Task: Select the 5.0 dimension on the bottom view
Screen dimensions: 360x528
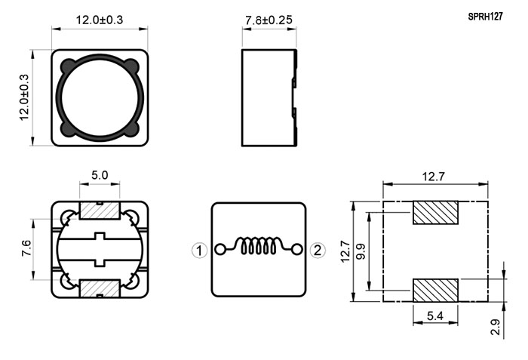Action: coord(100,175)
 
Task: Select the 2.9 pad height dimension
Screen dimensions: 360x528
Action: coord(495,327)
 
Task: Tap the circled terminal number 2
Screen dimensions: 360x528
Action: coord(318,250)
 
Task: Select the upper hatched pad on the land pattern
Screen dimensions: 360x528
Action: coord(436,213)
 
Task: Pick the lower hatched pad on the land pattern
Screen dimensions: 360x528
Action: coord(436,290)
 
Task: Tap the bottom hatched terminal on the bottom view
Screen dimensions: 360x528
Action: coord(100,288)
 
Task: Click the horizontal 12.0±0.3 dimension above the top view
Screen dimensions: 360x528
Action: coord(100,20)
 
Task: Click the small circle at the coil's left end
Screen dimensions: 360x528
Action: coord(219,250)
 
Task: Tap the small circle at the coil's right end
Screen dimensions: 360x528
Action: coord(297,250)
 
